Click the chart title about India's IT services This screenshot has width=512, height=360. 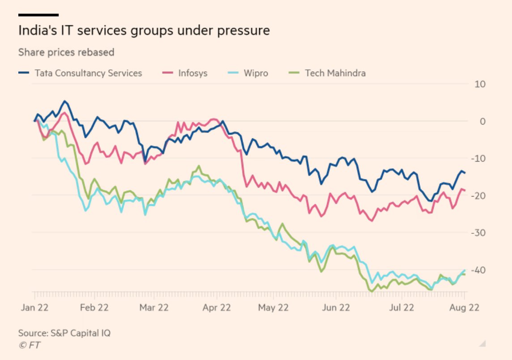[144, 30]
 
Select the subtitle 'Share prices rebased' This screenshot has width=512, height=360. [66, 52]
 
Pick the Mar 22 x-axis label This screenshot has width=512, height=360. [154, 308]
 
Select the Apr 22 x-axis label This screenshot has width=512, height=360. [216, 308]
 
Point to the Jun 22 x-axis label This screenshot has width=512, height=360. [336, 308]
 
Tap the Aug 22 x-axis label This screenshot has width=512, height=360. [464, 308]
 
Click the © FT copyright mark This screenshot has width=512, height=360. [29, 345]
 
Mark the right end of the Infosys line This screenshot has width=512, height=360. [465, 190]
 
